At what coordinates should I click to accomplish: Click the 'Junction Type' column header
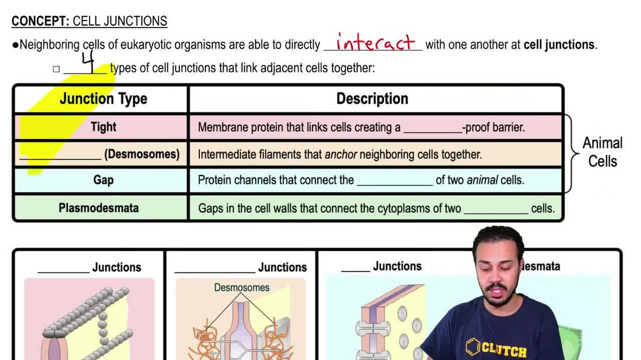pos(103,99)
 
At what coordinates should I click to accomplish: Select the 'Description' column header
pos(372,99)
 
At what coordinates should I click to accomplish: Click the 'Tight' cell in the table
pos(103,127)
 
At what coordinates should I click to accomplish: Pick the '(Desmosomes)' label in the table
pos(142,154)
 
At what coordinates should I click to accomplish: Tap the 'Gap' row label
pos(103,180)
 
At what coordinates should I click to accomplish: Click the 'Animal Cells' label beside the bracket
pos(603,152)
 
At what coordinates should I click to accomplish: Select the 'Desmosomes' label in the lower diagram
pos(242,288)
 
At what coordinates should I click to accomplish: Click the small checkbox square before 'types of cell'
pos(56,69)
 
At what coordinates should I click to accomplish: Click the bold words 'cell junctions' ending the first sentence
pos(559,45)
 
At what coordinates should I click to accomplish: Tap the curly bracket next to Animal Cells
pos(572,153)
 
